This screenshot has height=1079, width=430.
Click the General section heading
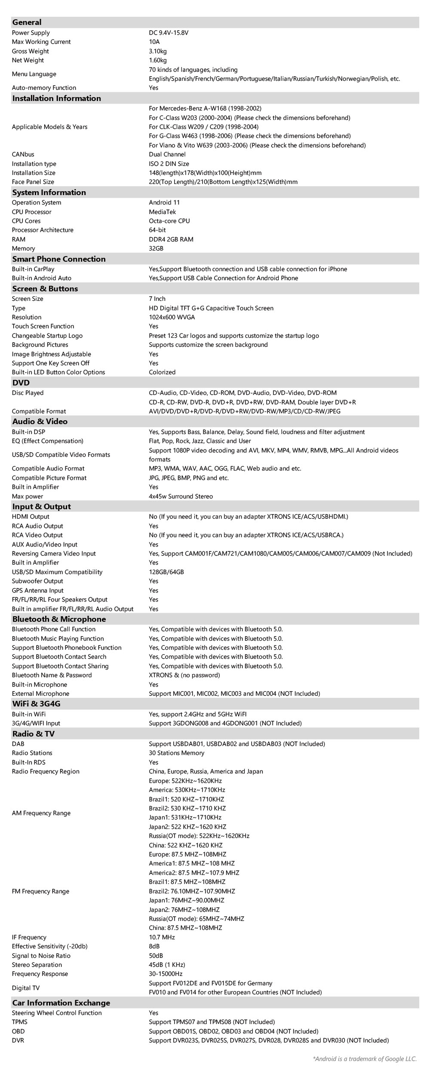27,22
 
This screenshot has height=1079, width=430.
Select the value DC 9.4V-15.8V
169,33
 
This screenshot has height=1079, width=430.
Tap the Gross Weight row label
30,51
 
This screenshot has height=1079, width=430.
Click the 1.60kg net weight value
158,60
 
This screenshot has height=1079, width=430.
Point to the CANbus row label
23,154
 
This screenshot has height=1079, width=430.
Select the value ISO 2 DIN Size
169,164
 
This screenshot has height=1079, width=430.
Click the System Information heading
49,192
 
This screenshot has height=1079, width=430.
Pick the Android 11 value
164,202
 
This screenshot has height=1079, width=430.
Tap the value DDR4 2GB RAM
171,239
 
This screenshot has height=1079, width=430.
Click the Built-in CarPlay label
33,269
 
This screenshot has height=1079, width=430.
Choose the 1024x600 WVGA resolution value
172,317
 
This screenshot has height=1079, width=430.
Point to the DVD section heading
21,382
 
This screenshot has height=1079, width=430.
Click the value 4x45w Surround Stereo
181,496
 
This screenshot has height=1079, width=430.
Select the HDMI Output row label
31,517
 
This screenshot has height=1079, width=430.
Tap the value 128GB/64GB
166,572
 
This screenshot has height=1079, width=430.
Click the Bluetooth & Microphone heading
59,619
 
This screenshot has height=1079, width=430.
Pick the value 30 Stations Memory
176,753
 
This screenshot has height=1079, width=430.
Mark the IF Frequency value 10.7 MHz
162,937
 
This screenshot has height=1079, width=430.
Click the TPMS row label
19,1022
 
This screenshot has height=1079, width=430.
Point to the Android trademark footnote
365,1059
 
